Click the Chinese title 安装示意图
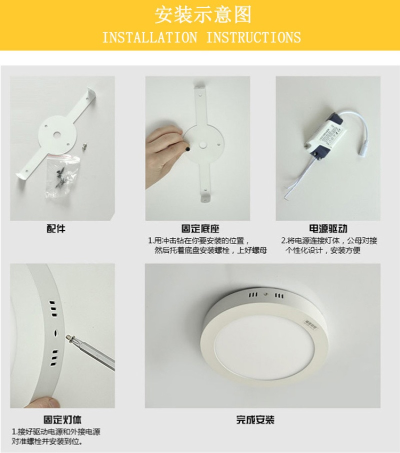pos(203,14)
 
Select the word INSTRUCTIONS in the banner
pos(253,37)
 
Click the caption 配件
pos(56,229)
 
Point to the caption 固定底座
pos(200,229)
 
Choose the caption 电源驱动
pos(328,229)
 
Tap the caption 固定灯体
pos(62,420)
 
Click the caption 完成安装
pos(255,420)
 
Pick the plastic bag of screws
pos(61,175)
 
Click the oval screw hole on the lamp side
pos(55,333)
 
